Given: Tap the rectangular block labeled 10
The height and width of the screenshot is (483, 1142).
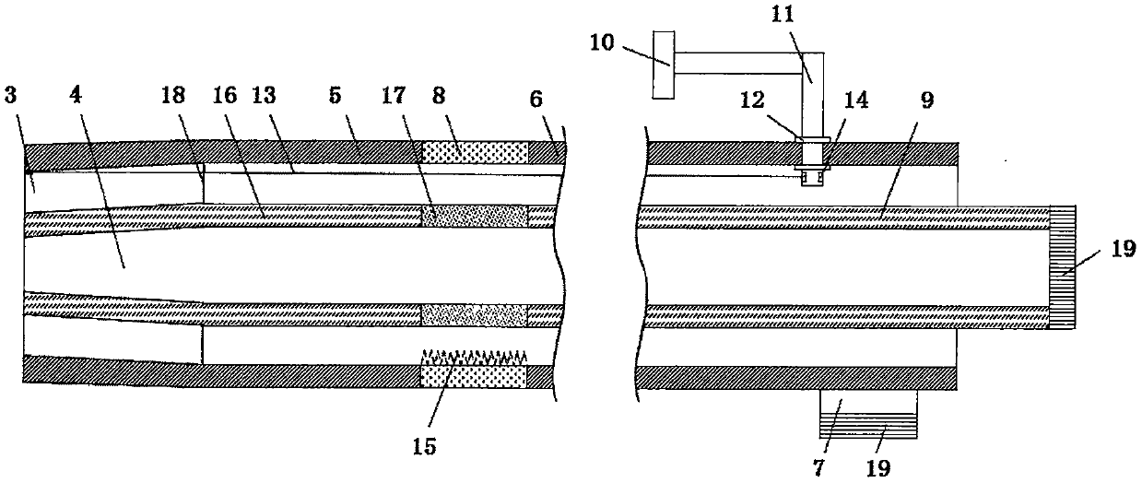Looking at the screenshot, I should click(x=663, y=63).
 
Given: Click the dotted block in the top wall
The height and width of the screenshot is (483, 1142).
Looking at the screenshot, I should click(x=474, y=152).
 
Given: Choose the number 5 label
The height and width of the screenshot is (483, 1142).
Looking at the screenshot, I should click(x=336, y=97).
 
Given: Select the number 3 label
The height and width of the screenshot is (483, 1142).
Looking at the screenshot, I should click(x=9, y=97).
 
